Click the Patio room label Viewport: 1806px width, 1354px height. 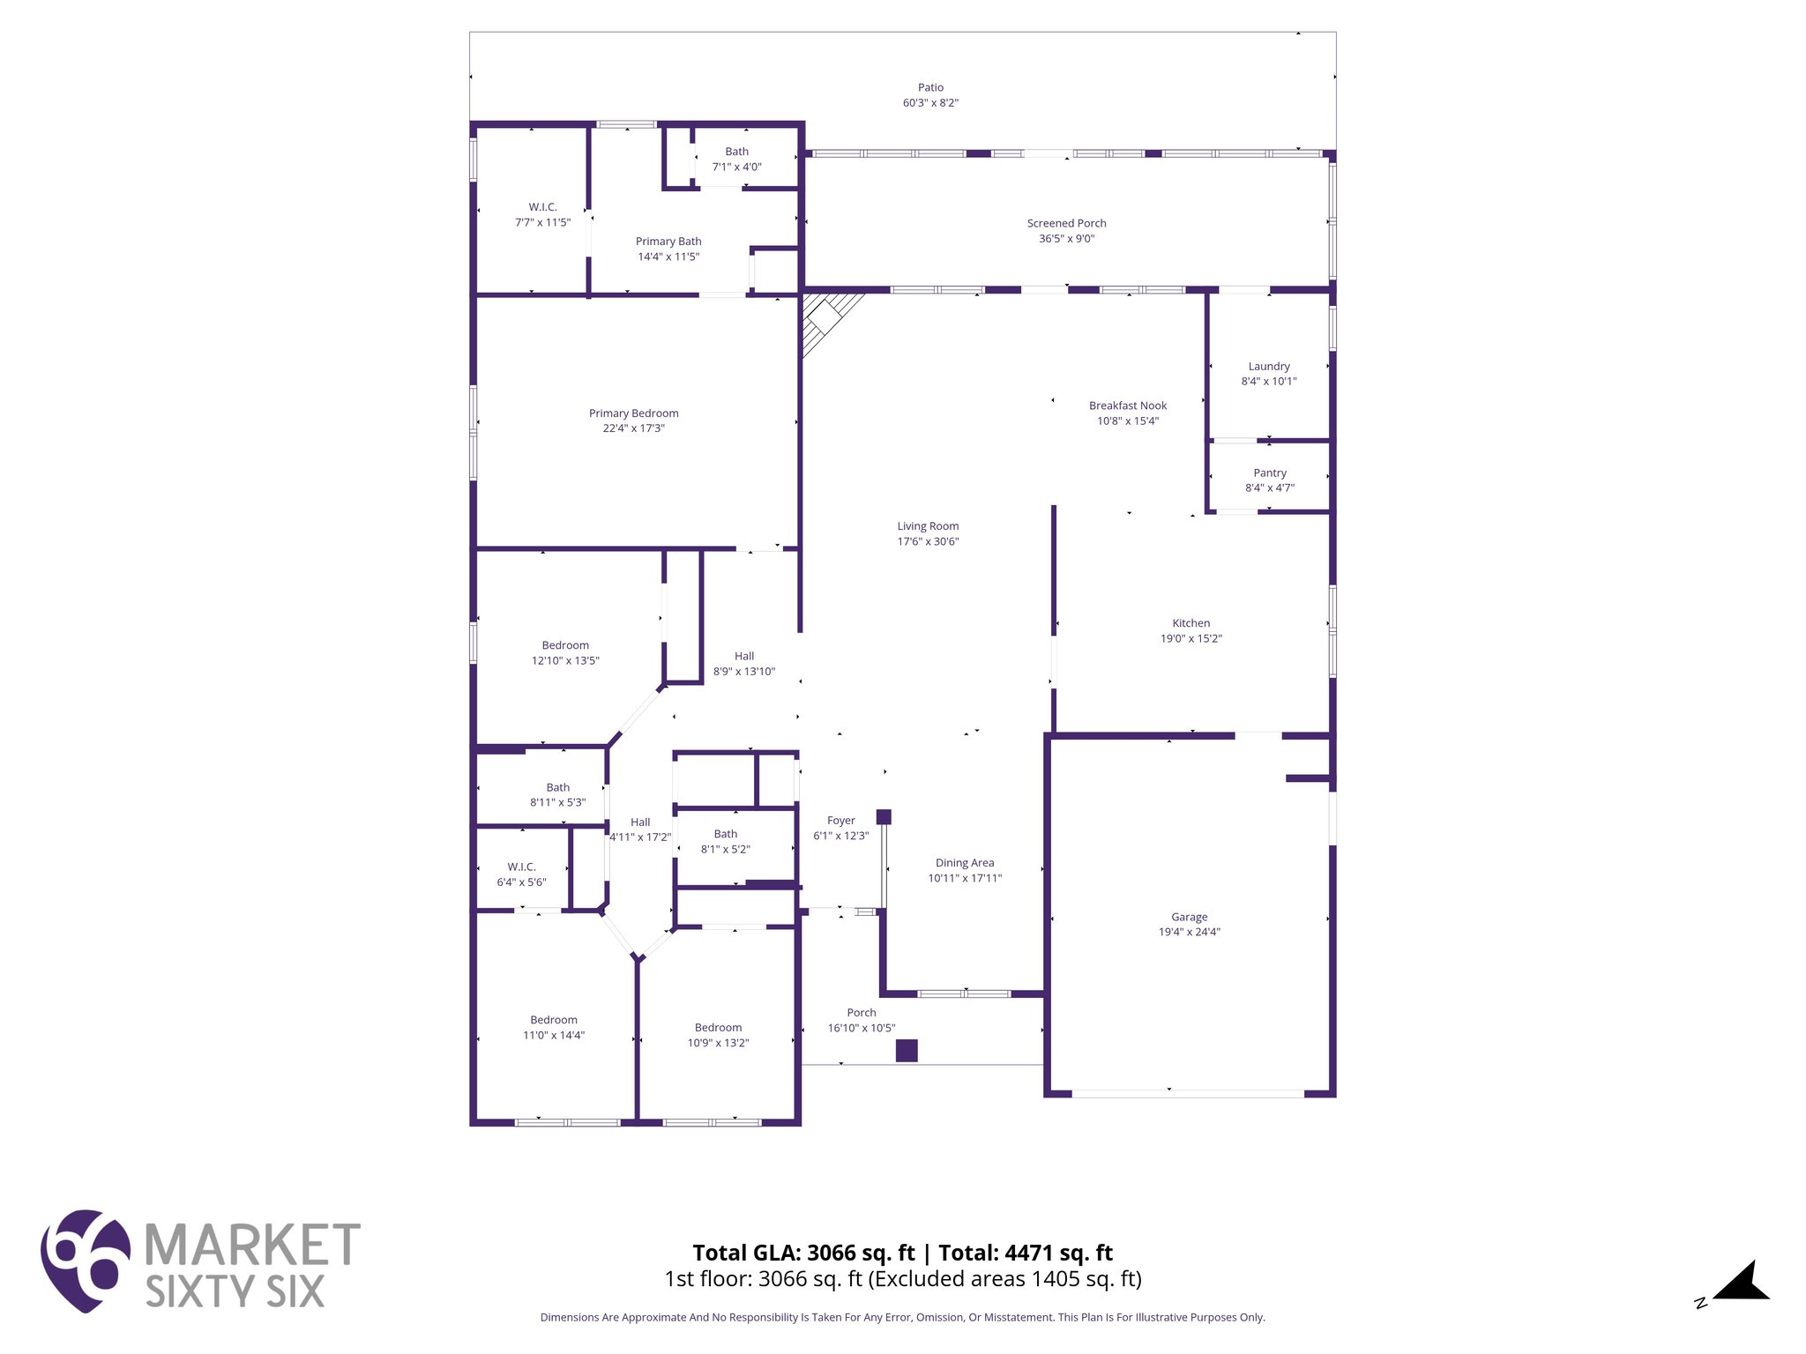click(930, 87)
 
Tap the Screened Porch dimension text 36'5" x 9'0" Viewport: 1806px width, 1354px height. click(1066, 239)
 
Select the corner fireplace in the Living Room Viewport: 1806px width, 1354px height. click(825, 318)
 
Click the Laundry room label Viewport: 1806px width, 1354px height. click(1269, 366)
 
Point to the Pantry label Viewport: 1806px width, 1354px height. click(1270, 472)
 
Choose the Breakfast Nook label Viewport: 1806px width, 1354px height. click(1127, 405)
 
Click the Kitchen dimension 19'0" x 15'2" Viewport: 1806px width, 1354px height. click(1190, 638)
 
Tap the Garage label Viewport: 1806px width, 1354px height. click(1189, 917)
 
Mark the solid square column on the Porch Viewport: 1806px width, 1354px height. click(907, 1051)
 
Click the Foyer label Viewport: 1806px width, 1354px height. click(840, 820)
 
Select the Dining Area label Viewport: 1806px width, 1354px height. click(964, 863)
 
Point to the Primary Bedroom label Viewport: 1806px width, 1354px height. click(633, 413)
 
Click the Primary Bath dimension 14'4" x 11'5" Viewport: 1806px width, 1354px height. click(668, 257)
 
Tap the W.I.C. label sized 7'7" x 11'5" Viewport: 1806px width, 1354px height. click(542, 207)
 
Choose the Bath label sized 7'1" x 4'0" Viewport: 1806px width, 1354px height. click(736, 152)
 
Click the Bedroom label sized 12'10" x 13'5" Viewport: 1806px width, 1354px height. click(565, 645)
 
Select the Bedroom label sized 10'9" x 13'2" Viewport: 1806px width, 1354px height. click(718, 1027)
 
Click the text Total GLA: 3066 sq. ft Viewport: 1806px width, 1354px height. click(803, 1253)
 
